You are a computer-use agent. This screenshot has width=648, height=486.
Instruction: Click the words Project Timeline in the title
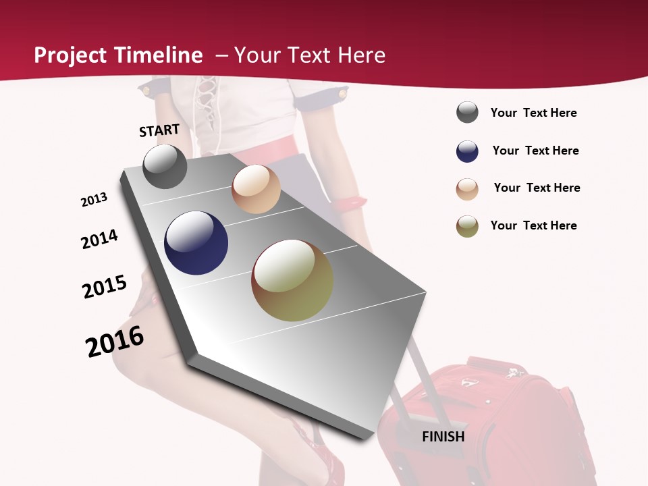(118, 55)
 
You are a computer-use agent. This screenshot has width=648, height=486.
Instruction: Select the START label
(159, 130)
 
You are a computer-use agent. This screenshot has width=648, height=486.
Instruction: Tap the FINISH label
(443, 436)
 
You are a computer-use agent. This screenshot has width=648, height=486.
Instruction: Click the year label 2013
(94, 200)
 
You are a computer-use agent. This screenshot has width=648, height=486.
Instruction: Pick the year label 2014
(99, 240)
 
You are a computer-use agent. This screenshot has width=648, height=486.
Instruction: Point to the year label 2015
(105, 287)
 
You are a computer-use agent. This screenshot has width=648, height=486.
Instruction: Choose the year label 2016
(115, 342)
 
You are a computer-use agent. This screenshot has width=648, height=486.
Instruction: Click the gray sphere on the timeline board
(165, 167)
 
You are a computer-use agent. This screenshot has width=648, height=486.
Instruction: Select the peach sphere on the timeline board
(256, 189)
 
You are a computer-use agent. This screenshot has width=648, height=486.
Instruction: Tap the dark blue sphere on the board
(196, 243)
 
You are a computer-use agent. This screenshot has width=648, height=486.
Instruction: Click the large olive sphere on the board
(292, 280)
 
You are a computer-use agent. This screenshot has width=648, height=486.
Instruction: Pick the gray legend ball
(467, 113)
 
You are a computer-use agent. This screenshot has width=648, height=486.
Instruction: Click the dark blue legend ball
(467, 151)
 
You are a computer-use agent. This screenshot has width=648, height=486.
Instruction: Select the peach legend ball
(467, 189)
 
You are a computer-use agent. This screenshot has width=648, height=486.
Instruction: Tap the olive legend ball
(467, 226)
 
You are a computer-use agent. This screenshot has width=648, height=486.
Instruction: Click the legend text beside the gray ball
(533, 113)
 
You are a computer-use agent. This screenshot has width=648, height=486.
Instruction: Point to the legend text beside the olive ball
(533, 225)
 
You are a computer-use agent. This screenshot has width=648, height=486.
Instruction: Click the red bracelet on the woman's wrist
(349, 201)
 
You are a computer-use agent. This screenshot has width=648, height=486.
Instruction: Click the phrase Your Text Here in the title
(309, 55)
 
